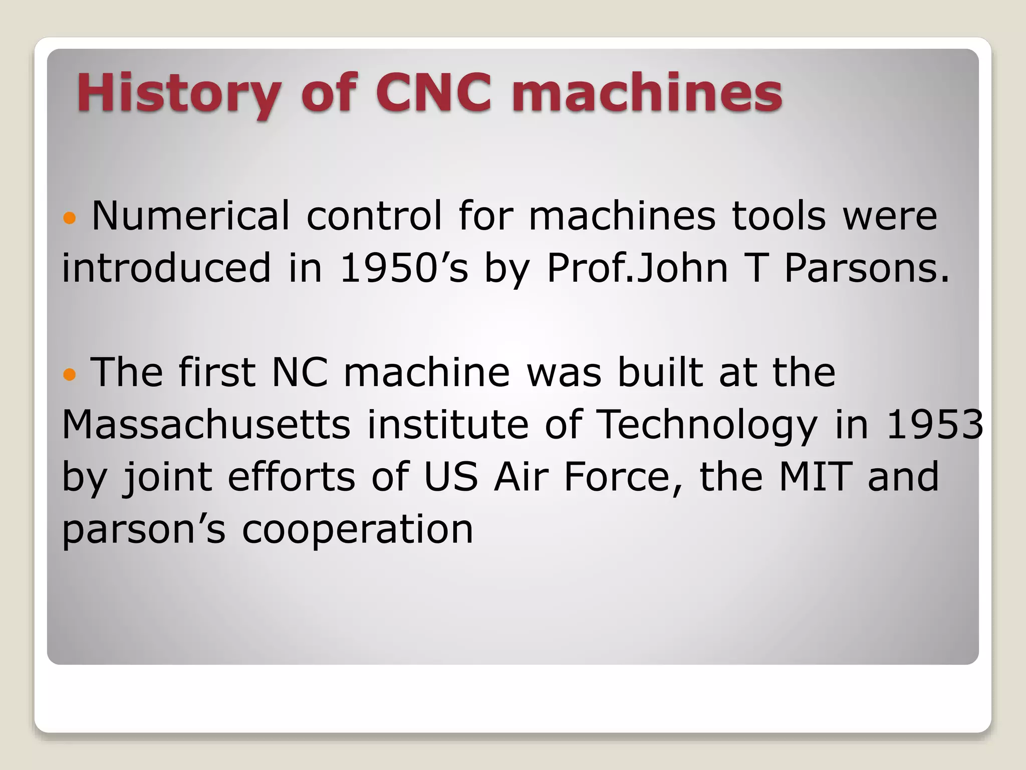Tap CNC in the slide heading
(x=433, y=93)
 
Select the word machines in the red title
(x=647, y=93)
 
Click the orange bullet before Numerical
(x=70, y=218)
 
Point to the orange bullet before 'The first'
(x=70, y=374)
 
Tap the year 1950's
(x=404, y=268)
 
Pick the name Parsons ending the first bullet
(x=866, y=268)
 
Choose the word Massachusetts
(x=206, y=425)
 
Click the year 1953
(x=935, y=425)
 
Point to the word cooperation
(x=358, y=530)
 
